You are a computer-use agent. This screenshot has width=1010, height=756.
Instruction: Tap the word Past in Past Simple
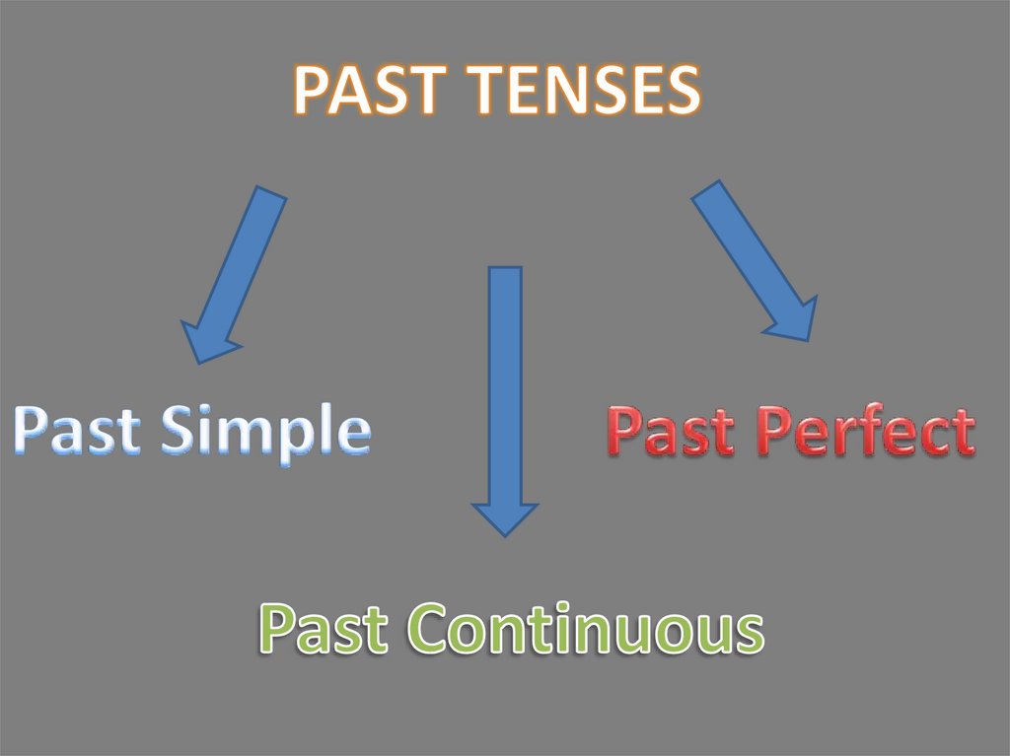point(79,431)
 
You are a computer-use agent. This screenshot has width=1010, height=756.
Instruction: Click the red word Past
point(671,435)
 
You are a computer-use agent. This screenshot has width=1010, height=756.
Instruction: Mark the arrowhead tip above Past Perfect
point(808,340)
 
